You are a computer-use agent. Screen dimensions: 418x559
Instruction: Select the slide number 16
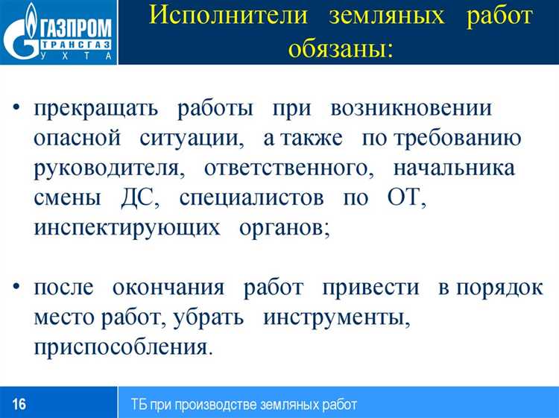pos(19,405)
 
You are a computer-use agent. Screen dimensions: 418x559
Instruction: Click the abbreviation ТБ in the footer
pos(139,405)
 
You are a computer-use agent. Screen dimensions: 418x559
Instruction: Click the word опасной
pos(77,138)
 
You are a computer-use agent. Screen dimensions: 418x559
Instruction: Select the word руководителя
pos(109,168)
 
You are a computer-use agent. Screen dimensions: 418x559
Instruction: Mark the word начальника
pos(453,168)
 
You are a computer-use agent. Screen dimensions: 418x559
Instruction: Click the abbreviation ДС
pos(139,197)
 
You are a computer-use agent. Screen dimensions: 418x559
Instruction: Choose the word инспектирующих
pos(127,227)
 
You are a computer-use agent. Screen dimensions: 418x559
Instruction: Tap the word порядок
pos(500,287)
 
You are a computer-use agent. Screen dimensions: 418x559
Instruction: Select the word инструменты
pos(337,317)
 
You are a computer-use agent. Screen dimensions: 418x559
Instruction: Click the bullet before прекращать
pos(17,109)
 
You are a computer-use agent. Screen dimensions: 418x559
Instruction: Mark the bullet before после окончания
pos(17,288)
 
